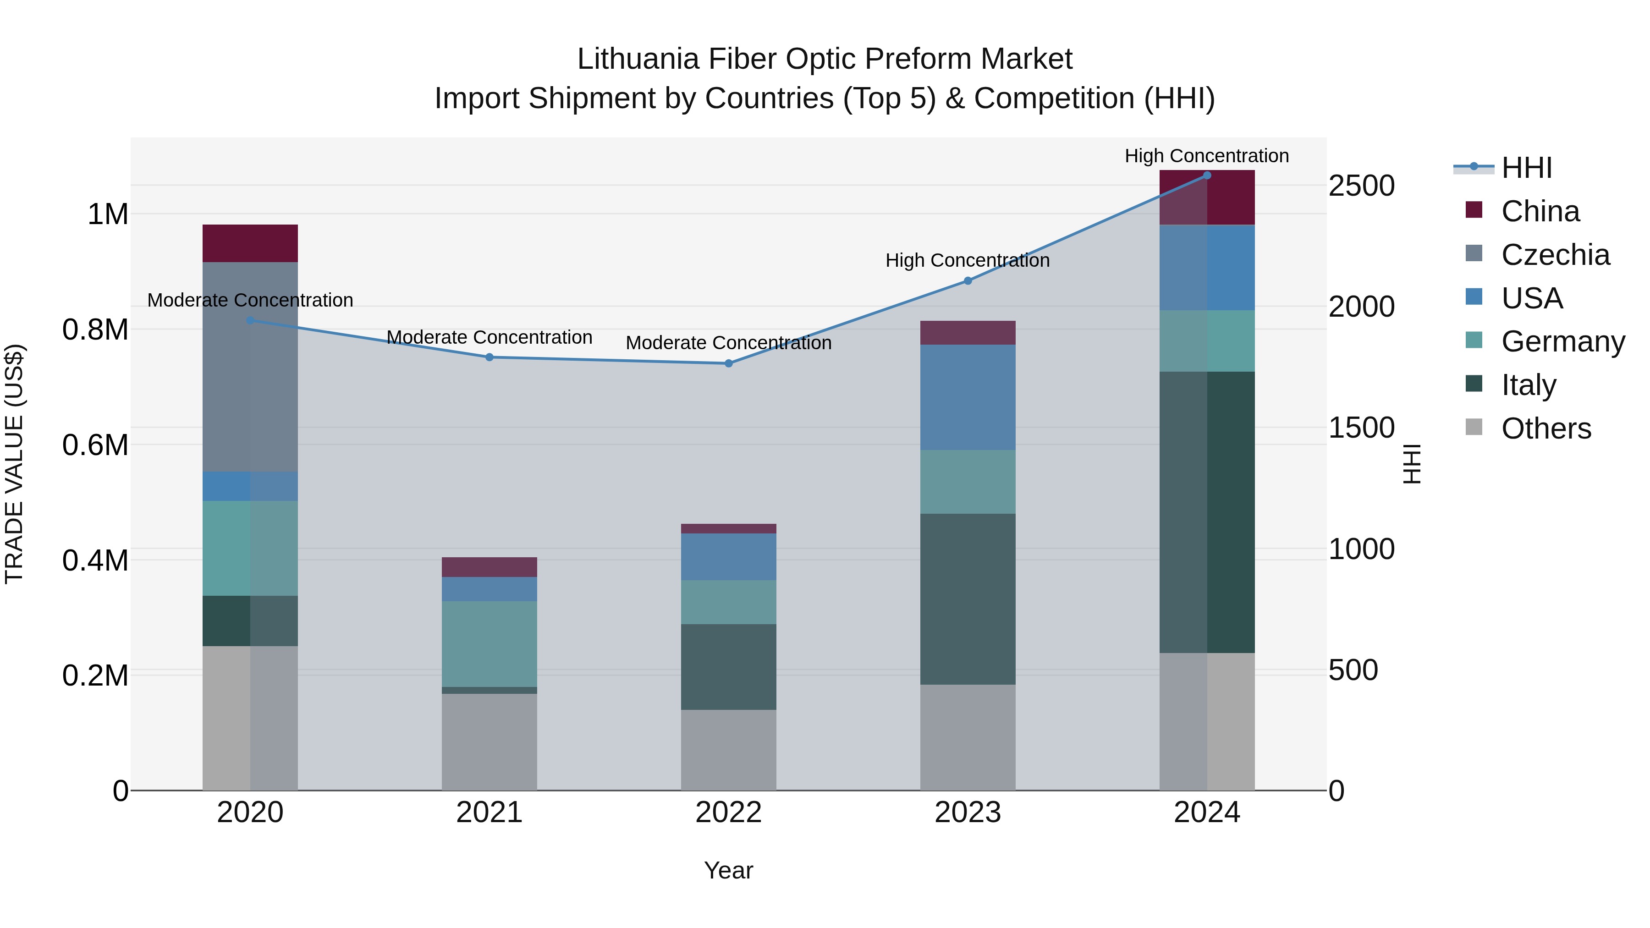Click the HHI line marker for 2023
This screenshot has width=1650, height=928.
[x=967, y=280]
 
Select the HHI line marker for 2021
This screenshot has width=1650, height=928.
[x=489, y=357]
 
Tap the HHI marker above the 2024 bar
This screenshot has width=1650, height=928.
[x=1207, y=175]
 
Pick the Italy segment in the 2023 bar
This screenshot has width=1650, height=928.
[x=967, y=599]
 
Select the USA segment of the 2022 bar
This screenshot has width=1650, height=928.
[x=728, y=556]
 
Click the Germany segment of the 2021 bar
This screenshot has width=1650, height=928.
[x=489, y=644]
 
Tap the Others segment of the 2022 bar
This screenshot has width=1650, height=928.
[x=728, y=749]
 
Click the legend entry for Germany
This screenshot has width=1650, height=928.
[x=1562, y=341]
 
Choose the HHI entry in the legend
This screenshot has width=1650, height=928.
[x=1526, y=168]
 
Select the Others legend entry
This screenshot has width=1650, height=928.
[x=1545, y=428]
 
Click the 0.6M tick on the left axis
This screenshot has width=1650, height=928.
[x=95, y=445]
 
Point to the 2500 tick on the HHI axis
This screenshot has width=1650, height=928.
[x=1361, y=186]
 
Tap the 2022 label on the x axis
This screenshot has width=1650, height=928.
[x=728, y=812]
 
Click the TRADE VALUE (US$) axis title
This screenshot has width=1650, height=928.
[x=14, y=464]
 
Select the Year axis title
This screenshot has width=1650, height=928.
[x=728, y=870]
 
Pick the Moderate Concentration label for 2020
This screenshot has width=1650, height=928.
[x=250, y=300]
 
